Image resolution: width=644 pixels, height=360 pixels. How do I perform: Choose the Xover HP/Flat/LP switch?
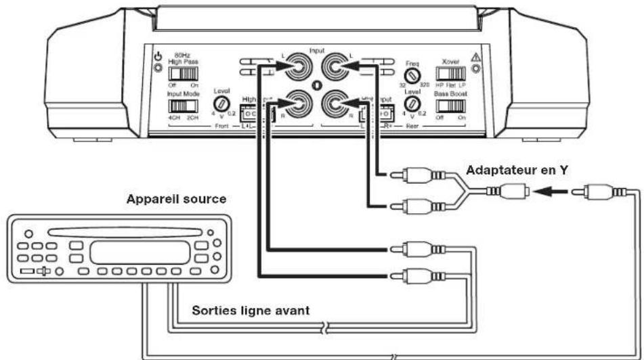[x=450, y=72]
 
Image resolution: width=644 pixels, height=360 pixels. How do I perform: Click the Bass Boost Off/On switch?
[x=450, y=106]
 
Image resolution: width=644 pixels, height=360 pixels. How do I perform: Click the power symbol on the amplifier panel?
[x=156, y=58]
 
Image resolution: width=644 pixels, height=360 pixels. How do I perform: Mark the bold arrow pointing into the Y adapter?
[x=544, y=192]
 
